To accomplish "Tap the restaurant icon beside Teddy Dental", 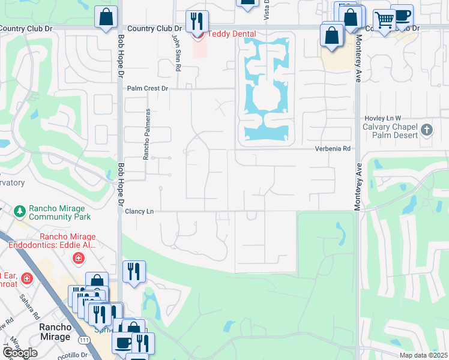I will [196, 22].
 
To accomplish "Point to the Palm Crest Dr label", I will [148, 88].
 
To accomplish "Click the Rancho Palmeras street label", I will [146, 134].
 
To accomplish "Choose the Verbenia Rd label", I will [333, 149].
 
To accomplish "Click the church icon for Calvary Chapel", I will [426, 130].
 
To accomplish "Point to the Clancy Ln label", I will [140, 211].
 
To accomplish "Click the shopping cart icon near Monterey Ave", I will [384, 21].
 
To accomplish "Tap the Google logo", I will [20, 353].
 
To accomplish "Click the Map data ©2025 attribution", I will [423, 355].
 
